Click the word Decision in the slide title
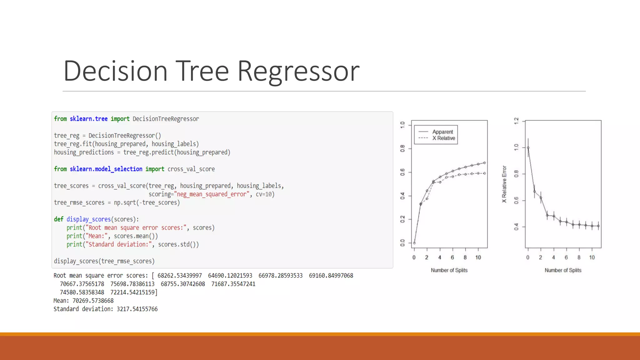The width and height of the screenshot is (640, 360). pos(116,71)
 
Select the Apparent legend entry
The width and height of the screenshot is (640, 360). pos(442,132)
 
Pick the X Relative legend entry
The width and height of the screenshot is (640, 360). pos(443,138)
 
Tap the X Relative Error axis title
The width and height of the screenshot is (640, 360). pos(504,184)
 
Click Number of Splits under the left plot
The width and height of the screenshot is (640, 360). pos(449,270)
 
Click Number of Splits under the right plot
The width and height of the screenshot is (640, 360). pos(563,270)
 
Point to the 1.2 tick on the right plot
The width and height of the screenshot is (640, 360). pos(516,121)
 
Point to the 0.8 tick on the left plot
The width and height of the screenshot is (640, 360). pos(402,148)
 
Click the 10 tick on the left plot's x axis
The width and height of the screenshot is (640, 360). pos(478,257)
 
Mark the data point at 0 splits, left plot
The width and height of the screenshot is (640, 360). pos(414,243)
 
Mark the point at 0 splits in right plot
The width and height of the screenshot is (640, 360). pos(528,148)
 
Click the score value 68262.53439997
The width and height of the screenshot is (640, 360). pos(180,276)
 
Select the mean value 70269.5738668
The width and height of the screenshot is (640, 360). pos(93,301)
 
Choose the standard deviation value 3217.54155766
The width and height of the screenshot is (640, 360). pos(137,309)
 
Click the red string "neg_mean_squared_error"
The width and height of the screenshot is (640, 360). pos(212,194)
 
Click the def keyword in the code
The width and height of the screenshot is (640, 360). pos(58,219)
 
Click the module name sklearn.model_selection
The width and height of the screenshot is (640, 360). pos(106,169)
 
